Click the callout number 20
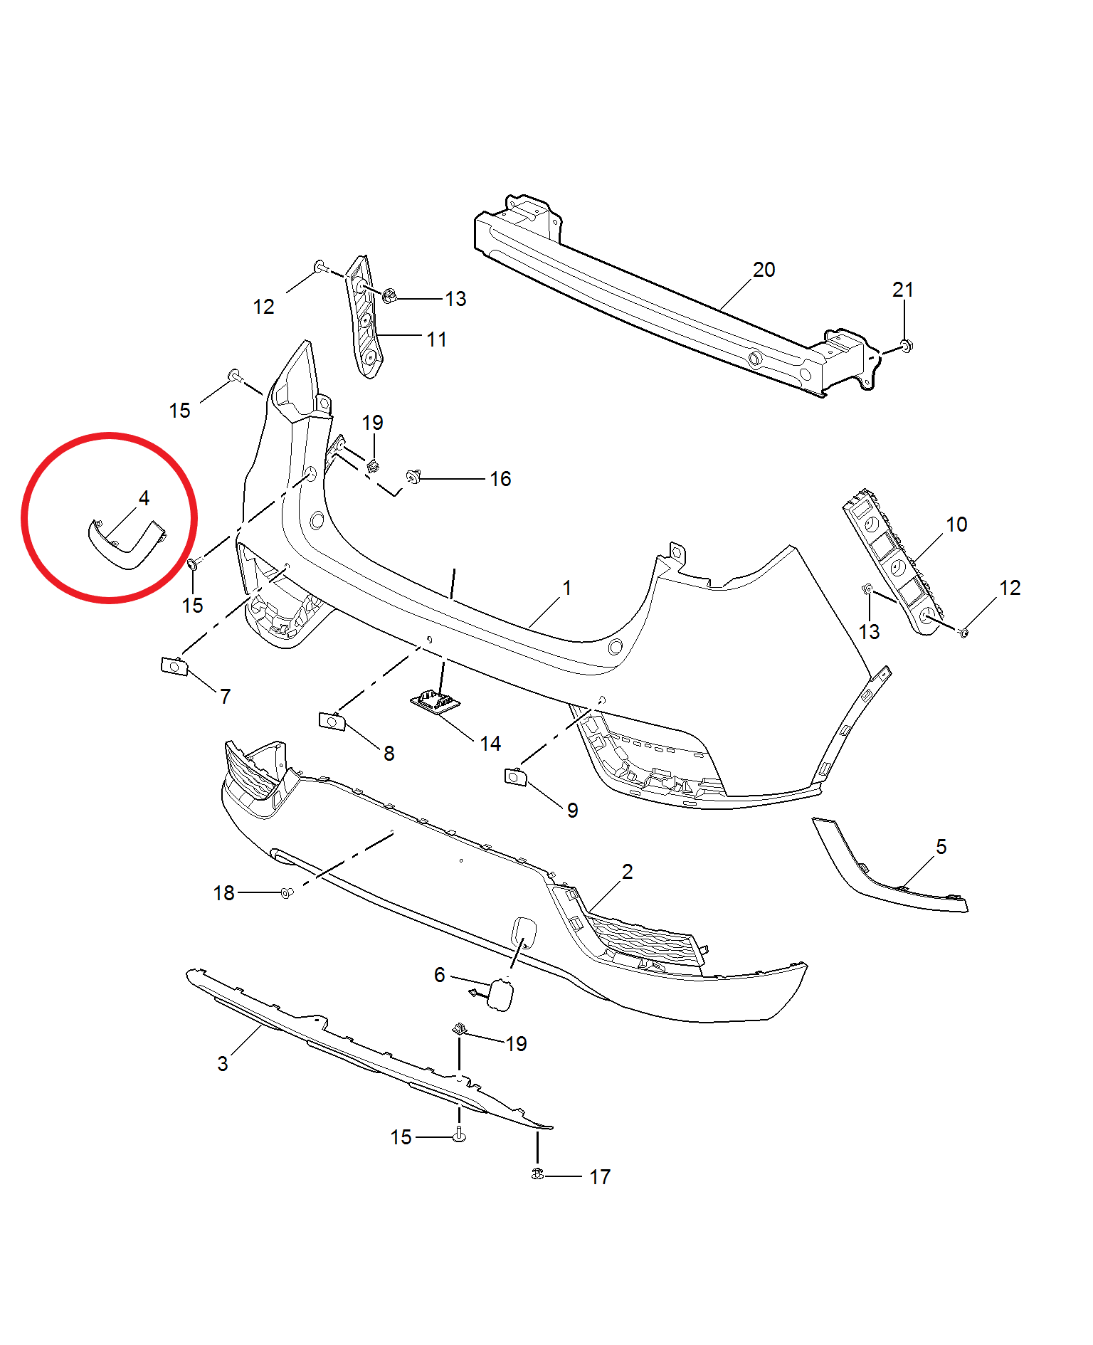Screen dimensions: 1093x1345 764,270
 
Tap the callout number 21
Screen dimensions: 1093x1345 902,290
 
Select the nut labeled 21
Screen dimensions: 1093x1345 905,346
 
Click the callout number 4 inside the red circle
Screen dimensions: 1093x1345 144,497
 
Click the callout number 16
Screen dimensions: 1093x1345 500,479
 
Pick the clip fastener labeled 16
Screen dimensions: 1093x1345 413,476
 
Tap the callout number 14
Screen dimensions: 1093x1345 490,744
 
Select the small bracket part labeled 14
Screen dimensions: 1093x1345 435,702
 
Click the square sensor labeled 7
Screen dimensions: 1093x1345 174,667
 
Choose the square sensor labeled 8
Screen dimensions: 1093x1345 332,721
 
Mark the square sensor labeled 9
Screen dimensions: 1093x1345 515,777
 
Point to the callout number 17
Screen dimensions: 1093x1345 600,1177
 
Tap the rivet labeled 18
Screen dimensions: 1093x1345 287,892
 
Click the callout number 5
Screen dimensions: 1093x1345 941,847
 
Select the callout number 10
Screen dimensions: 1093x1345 956,524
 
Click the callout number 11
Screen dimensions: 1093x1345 437,339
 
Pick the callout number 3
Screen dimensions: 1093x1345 223,1064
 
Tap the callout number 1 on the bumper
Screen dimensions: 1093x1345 567,588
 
